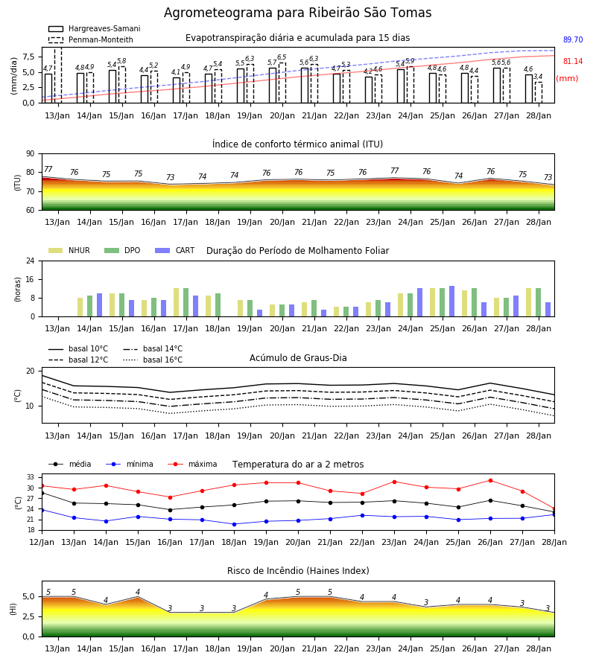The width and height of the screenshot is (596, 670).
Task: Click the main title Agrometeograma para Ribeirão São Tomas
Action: pos(297,13)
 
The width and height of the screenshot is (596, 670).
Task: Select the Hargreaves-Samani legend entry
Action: pos(94,28)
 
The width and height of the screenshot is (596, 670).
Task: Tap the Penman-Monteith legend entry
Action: pos(91,39)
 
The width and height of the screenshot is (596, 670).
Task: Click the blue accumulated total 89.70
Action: pos(573,39)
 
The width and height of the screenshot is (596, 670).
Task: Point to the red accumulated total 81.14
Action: pos(573,61)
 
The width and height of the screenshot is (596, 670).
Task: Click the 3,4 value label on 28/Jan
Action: pos(538,77)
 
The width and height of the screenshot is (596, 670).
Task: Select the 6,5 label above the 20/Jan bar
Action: pos(282,57)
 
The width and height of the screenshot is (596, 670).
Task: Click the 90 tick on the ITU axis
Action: pos(31,154)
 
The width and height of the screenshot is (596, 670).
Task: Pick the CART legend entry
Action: pos(175,250)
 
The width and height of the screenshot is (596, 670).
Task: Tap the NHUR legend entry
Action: pos(69,250)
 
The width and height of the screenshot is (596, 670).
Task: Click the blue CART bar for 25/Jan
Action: pos(452,301)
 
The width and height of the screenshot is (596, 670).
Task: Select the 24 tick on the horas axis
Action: pos(31,261)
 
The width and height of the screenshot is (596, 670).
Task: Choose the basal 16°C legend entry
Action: pos(153,360)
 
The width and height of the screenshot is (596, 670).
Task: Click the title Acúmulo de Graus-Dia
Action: pos(298,357)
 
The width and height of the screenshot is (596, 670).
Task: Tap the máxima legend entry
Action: pos(192,464)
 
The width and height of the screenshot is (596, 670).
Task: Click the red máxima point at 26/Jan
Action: pos(490,481)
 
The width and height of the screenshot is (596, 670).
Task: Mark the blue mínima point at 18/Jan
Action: pos(234,524)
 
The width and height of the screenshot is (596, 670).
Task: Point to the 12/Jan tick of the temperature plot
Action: pos(42,542)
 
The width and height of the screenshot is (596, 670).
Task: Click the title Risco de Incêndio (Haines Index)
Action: pos(298,571)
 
